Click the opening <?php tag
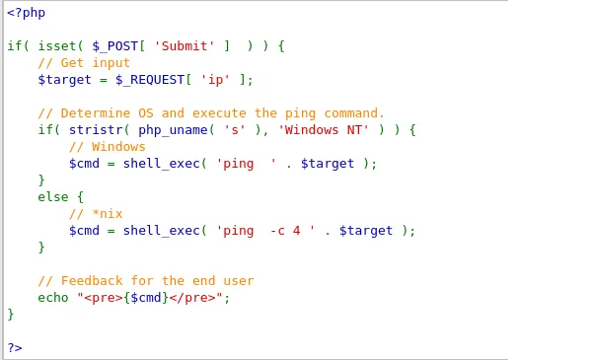pos(26,13)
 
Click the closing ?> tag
pos(14,347)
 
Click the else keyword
pos(53,197)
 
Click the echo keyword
pos(53,297)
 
